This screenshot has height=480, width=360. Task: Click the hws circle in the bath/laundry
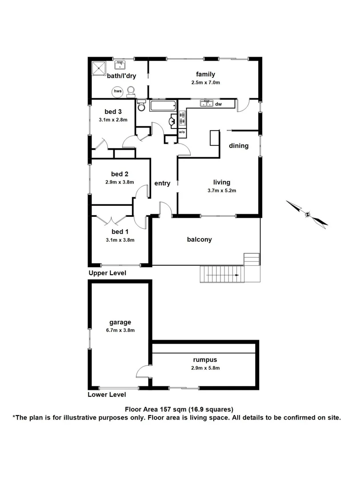click(x=118, y=92)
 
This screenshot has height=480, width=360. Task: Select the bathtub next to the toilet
click(x=163, y=106)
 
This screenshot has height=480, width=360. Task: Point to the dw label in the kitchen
click(x=218, y=104)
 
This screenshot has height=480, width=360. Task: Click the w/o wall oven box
click(x=182, y=132)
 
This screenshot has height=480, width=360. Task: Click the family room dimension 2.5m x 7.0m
click(x=205, y=83)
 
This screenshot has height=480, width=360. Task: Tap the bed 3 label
click(x=113, y=112)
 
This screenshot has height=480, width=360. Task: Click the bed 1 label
click(x=120, y=232)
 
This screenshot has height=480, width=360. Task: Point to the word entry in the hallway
click(x=162, y=183)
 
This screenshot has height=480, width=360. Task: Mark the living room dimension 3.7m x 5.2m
click(x=221, y=191)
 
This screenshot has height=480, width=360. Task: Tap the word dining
click(x=239, y=146)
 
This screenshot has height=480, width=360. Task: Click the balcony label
click(x=199, y=240)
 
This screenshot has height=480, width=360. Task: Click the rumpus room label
click(x=205, y=360)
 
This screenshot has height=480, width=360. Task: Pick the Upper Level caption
click(x=107, y=273)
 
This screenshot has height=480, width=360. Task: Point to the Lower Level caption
click(x=107, y=395)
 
